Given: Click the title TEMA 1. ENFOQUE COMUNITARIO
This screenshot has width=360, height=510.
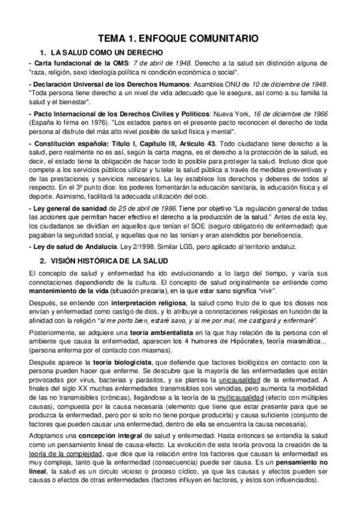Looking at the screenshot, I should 179,37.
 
